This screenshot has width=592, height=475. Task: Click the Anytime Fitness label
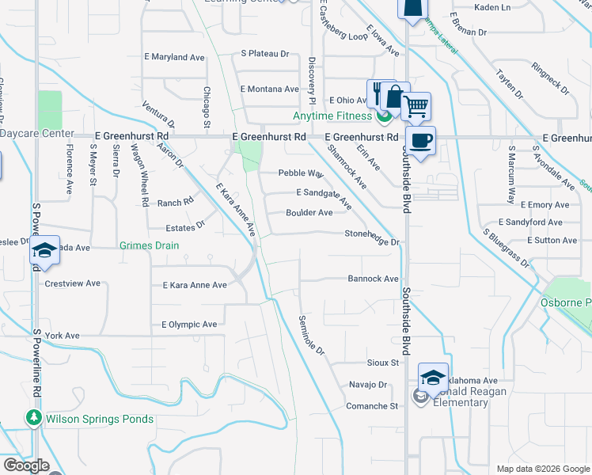point(332,116)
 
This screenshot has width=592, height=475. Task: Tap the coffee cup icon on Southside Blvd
point(419,141)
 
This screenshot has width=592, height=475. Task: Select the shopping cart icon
point(416,106)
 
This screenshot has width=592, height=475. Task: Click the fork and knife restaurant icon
point(377,93)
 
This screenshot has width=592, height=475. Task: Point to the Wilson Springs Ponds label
point(100,419)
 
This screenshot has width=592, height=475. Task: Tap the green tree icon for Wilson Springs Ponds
point(33,417)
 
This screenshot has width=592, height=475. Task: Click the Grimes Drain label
point(149,245)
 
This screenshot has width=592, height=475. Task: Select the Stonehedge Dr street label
point(371,234)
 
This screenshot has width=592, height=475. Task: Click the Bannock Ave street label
point(373,279)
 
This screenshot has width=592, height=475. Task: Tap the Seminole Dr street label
point(312,335)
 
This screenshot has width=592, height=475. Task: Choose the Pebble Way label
point(301,173)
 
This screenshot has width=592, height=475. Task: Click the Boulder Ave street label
point(309,213)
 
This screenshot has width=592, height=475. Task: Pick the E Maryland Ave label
point(175,57)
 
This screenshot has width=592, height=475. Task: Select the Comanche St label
point(372,406)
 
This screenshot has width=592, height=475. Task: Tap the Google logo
point(26,465)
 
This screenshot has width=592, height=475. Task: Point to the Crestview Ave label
point(72,283)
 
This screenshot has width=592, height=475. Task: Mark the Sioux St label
point(383,363)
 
